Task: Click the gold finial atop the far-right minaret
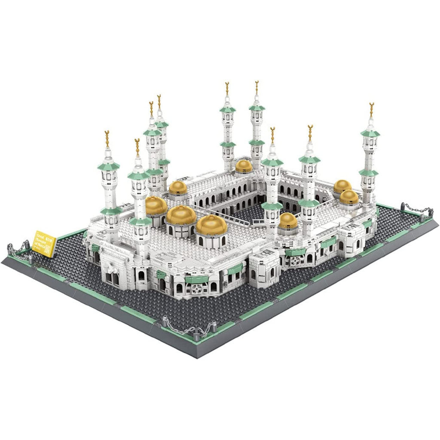pos(371,110)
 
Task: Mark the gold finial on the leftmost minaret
pos(107,139)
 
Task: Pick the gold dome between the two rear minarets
pos(244,166)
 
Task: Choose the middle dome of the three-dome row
pos(180,215)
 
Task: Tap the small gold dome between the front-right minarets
pos(287,220)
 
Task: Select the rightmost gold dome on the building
pos(349,197)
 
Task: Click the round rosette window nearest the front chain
pos(196,289)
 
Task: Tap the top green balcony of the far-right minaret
pos(370,133)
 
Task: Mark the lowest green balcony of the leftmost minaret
pos(111,211)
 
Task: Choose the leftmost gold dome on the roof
pos(156,206)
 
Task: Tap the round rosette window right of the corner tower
pos(295,261)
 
